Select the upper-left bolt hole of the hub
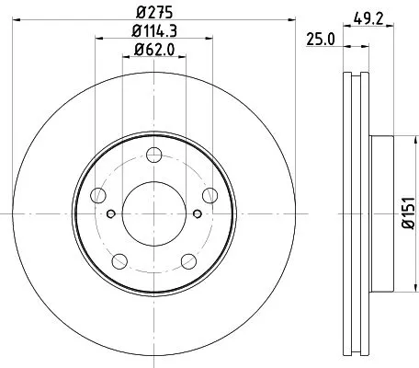click(x=97, y=194)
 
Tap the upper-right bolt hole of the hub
click(x=209, y=194)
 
